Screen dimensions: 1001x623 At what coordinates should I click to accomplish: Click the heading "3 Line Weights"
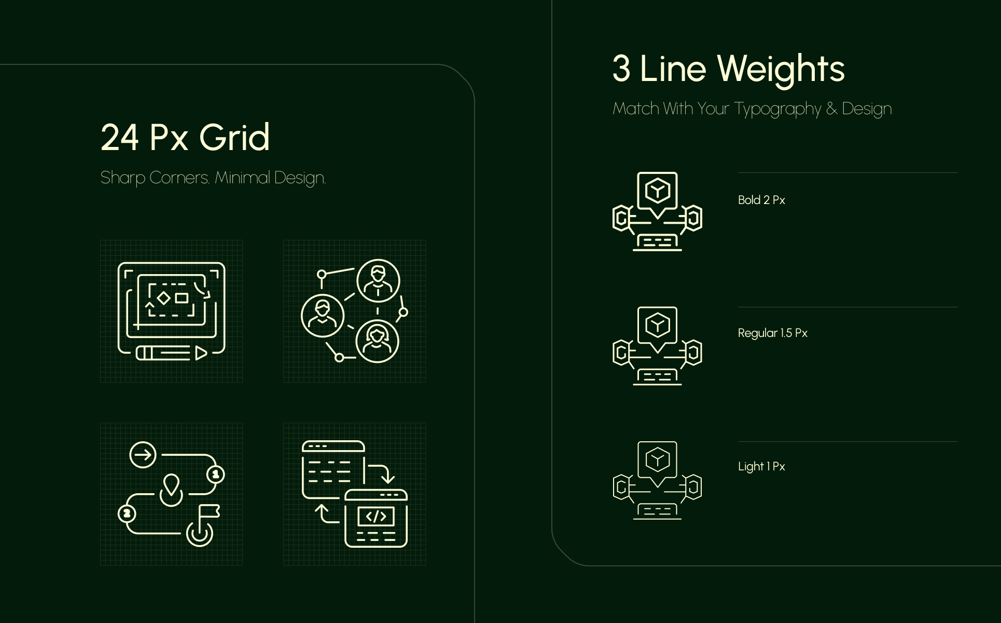(728, 69)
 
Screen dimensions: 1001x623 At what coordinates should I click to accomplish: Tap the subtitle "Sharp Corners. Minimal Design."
(213, 178)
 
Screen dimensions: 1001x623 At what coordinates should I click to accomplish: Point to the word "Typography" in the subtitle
(777, 109)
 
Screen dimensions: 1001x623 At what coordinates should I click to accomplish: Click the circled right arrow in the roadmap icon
(143, 455)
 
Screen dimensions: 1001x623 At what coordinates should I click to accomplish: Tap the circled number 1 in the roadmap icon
(216, 474)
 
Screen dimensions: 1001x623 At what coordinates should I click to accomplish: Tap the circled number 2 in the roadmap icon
(127, 514)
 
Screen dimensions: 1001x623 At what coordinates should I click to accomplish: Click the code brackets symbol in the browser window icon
(376, 516)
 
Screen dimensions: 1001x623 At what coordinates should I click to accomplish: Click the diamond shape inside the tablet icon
(164, 298)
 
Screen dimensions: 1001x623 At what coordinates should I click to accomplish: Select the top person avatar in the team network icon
(378, 281)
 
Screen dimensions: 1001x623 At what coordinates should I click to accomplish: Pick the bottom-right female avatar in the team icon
(377, 342)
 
